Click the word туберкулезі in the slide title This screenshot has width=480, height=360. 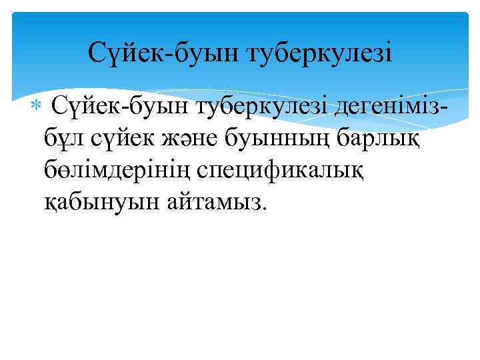(321, 53)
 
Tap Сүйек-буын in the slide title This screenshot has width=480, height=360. (164, 53)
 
